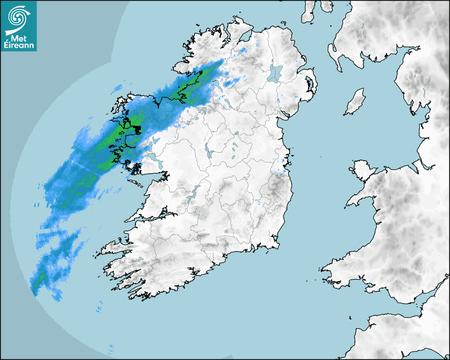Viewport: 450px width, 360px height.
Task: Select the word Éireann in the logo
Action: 19,46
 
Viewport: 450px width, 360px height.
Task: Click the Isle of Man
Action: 355,102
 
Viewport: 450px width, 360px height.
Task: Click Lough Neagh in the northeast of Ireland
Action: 276,73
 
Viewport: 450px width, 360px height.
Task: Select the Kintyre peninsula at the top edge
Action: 310,11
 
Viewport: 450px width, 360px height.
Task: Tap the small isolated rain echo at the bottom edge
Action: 111,348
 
